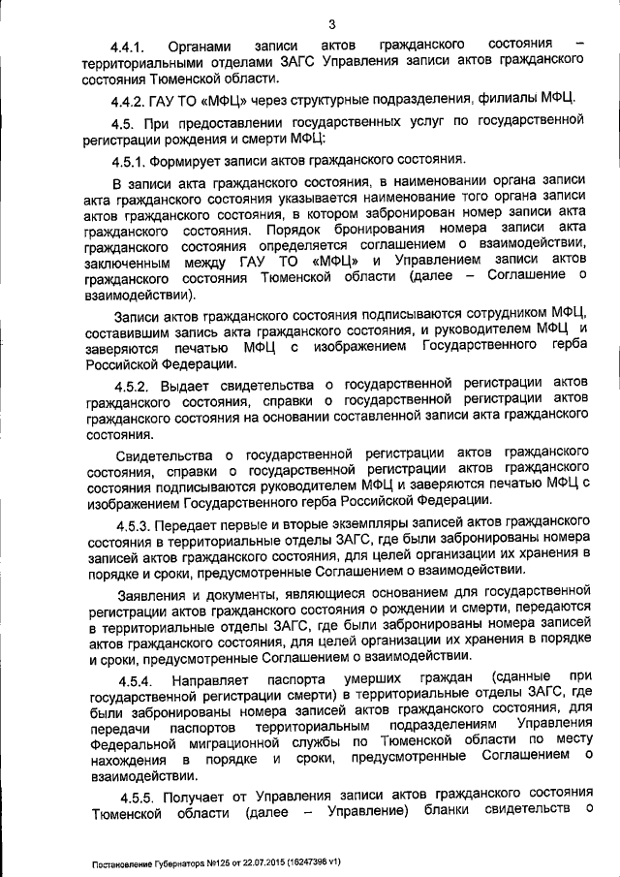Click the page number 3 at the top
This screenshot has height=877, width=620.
[x=332, y=24]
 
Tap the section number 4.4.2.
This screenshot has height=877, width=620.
[x=137, y=97]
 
